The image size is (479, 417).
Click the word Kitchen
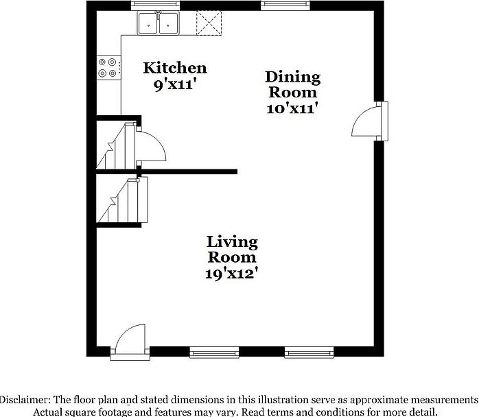point(174,68)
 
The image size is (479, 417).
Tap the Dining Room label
point(292,84)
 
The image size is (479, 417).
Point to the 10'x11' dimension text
point(292,108)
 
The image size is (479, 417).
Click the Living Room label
point(232,250)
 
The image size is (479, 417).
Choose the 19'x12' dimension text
point(232,273)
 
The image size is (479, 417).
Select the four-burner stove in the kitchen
point(108,67)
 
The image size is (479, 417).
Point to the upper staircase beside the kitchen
point(115,145)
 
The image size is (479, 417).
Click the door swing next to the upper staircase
point(151,146)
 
